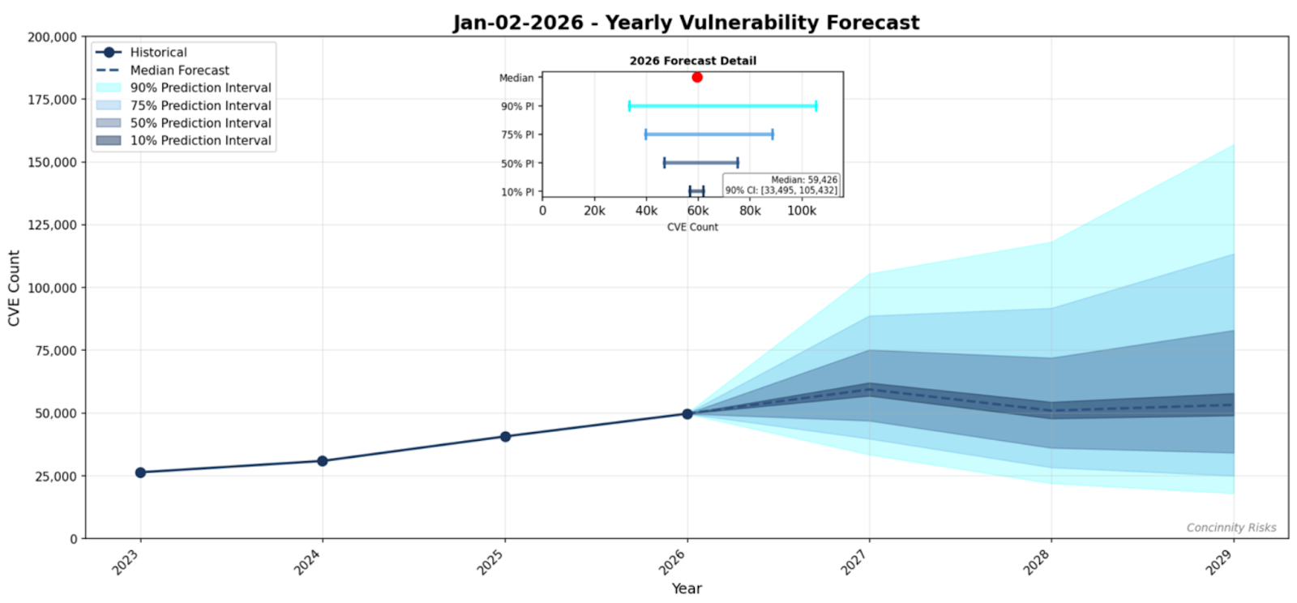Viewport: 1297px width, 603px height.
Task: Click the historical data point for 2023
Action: (140, 472)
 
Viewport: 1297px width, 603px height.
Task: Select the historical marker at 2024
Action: (323, 460)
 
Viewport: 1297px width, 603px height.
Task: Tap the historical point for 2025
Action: (505, 436)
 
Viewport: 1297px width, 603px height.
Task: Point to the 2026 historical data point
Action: (687, 413)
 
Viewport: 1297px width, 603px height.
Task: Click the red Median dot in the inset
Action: (697, 77)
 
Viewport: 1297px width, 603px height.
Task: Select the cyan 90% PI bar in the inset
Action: (722, 105)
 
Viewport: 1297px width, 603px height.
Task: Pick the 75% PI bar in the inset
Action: (708, 135)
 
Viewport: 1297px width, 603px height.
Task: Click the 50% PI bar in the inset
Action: (700, 163)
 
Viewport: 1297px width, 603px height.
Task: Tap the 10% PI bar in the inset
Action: (696, 191)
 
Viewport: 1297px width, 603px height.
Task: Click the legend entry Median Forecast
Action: (179, 71)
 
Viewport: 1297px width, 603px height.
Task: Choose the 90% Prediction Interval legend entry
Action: (200, 88)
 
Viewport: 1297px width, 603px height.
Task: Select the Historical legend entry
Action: (158, 53)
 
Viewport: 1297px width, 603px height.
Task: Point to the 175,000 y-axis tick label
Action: (53, 100)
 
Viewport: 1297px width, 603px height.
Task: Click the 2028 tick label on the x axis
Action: (1037, 561)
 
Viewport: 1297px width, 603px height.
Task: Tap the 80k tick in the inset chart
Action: (750, 211)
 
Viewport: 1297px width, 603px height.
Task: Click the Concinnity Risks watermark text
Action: (1231, 528)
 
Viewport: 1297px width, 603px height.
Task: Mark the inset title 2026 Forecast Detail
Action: (692, 61)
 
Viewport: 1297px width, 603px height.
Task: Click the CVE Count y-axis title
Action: (14, 288)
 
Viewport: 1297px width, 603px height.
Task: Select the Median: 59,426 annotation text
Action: (803, 180)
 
